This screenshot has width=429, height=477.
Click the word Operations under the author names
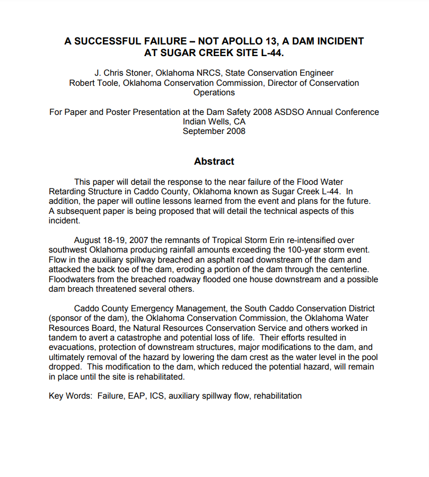tap(214, 92)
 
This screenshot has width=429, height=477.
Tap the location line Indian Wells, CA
tap(214, 121)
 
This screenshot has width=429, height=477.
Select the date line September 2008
tap(214, 131)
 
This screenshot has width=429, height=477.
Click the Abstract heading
tap(214, 161)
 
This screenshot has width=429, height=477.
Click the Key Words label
tap(70, 395)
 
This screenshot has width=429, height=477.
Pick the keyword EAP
tap(137, 395)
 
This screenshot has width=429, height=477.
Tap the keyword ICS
tap(157, 395)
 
